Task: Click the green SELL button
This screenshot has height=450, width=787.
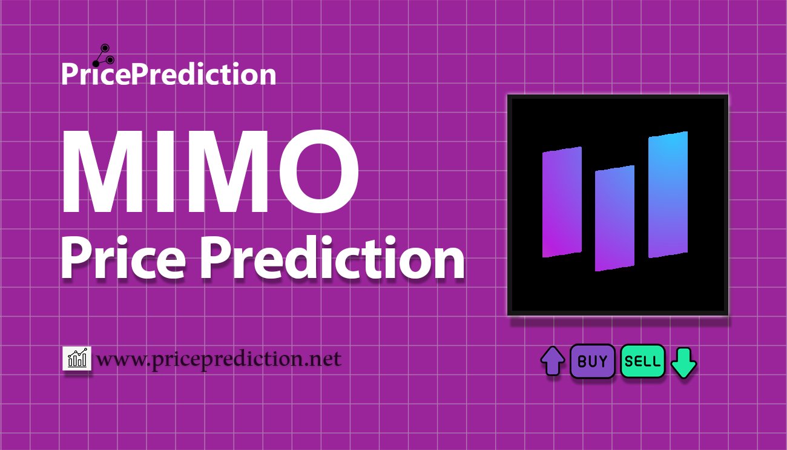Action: click(x=643, y=362)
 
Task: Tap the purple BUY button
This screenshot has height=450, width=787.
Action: click(x=593, y=362)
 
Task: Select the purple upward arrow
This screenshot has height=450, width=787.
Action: click(x=553, y=362)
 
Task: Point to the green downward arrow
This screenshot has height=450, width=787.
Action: click(x=684, y=362)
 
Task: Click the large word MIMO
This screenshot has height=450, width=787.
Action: click(x=209, y=173)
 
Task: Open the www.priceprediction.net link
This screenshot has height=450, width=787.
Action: click(x=219, y=360)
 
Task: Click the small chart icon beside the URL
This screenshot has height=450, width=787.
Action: click(x=76, y=359)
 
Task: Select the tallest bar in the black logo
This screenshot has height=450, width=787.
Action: click(x=668, y=194)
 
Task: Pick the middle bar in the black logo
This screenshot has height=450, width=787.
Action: click(x=614, y=218)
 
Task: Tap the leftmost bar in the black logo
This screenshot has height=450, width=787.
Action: click(x=562, y=202)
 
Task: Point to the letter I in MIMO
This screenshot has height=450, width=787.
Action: click(x=163, y=173)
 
